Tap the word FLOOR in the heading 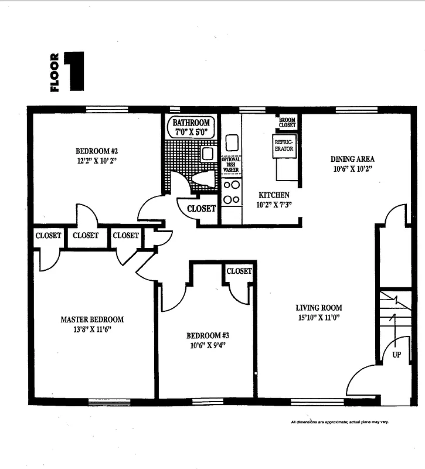tap(55, 73)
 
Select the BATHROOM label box tap(191, 127)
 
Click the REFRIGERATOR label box tap(284, 145)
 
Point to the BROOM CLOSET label tap(287, 122)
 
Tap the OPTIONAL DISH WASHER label tap(231, 164)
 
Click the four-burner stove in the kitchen tap(232, 192)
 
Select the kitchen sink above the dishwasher tap(232, 142)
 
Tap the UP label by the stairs tap(396, 354)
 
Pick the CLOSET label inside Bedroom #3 tap(239, 271)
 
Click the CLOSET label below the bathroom tap(201, 208)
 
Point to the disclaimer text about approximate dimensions tap(340, 422)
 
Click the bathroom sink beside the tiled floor tap(207, 154)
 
